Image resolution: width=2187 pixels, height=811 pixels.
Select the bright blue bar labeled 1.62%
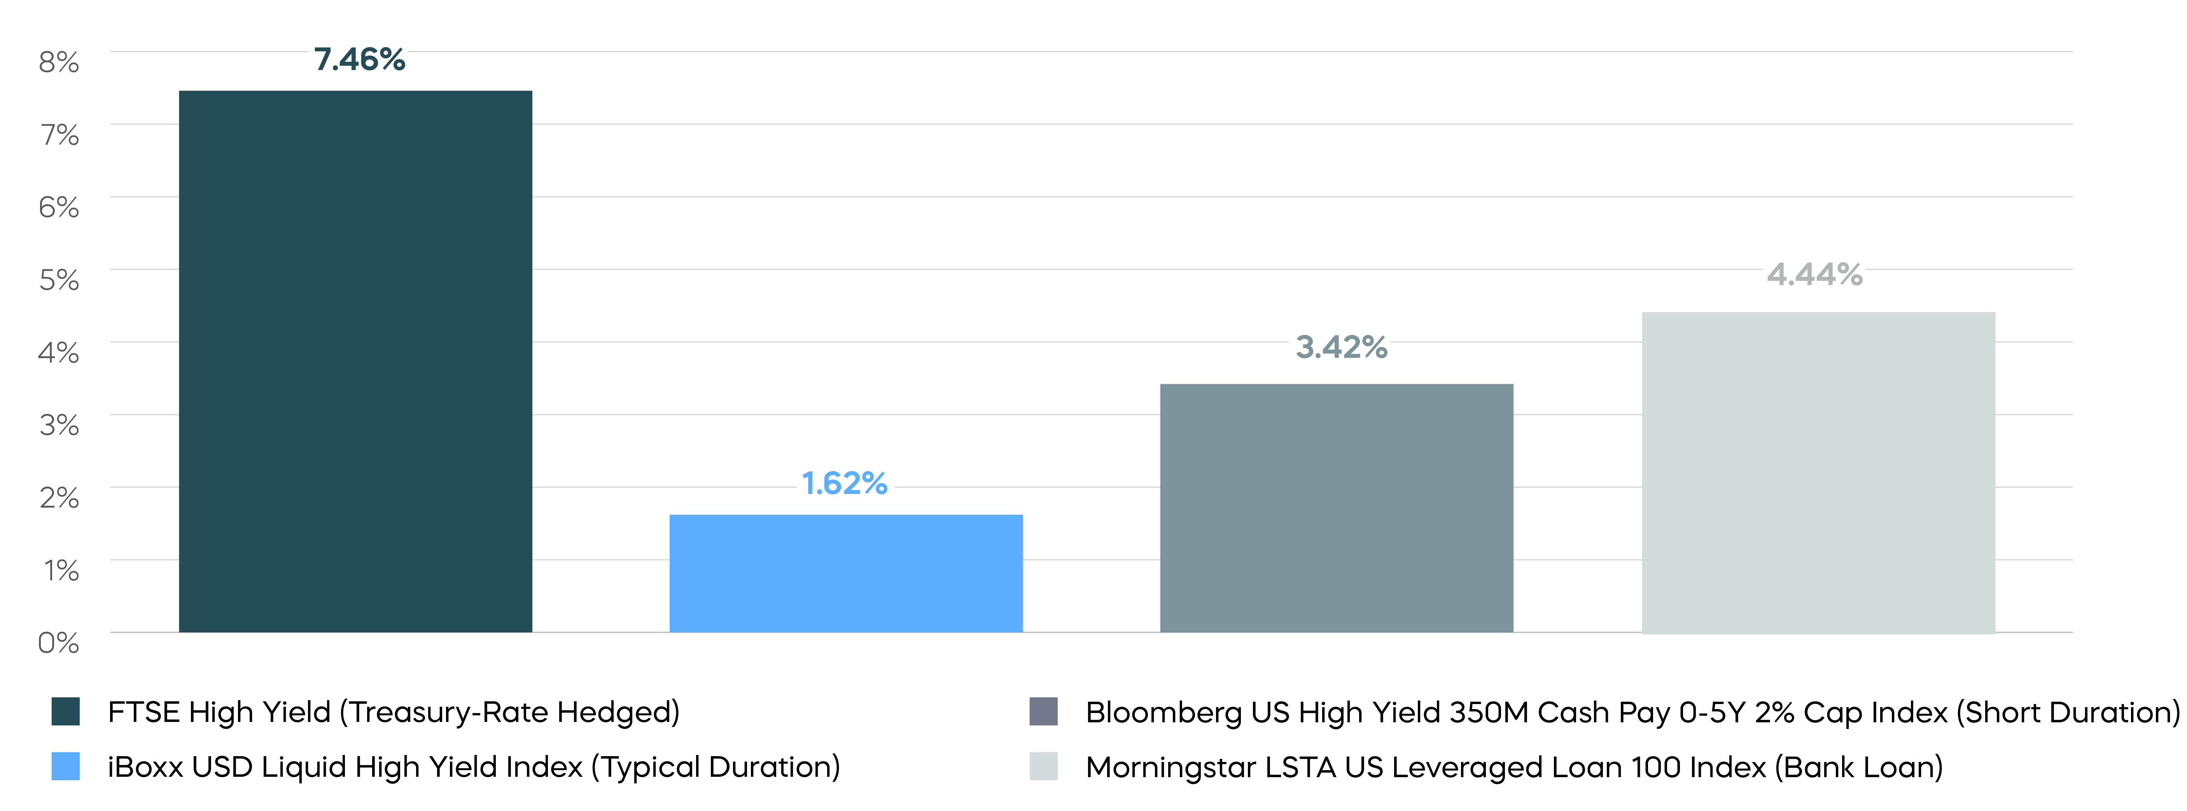[845, 573]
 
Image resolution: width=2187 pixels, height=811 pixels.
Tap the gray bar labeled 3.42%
[1336, 508]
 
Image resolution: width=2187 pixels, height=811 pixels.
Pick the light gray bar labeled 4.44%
[1818, 472]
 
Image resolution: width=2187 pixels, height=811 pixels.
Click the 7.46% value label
[359, 60]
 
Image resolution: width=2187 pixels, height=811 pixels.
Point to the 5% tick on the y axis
[59, 279]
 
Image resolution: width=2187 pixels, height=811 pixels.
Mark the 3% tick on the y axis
[59, 425]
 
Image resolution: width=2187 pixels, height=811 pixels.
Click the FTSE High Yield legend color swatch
[65, 712]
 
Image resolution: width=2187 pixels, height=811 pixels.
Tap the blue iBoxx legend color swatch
[65, 766]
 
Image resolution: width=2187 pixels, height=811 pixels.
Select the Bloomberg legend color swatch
[1043, 712]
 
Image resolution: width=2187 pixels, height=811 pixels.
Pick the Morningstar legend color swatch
[1043, 766]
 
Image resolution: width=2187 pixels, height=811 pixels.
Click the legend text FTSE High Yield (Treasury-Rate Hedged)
[393, 712]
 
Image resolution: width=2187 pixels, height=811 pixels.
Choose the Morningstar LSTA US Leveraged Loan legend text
[1514, 767]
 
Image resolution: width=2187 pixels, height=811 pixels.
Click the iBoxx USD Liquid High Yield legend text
[473, 767]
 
